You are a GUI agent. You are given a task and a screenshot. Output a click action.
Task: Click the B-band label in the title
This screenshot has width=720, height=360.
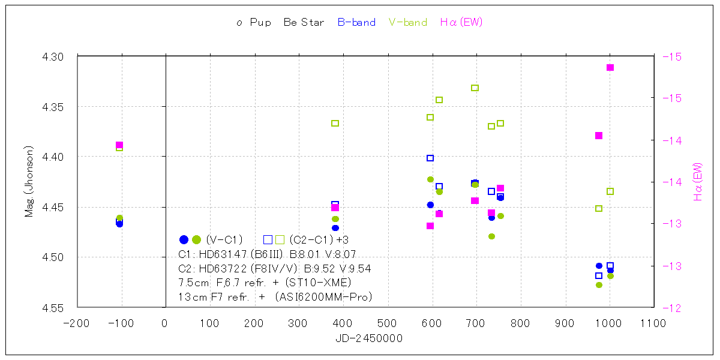point(356,23)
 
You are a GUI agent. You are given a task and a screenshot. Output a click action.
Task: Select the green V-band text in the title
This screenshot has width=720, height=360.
point(408,23)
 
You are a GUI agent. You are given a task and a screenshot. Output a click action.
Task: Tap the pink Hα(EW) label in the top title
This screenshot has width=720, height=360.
point(461,23)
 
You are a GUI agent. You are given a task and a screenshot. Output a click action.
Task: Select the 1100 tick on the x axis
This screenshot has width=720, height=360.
point(653,323)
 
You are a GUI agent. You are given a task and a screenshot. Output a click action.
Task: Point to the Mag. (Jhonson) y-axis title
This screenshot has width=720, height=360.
point(29,181)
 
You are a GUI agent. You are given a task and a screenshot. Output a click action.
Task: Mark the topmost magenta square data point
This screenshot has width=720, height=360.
point(610,67)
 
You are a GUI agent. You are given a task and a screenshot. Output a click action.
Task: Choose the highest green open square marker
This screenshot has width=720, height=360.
point(475,88)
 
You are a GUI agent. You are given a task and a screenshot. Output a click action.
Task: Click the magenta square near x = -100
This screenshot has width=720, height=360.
point(119,145)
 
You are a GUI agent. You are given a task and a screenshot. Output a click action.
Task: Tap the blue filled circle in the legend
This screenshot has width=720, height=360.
point(184,239)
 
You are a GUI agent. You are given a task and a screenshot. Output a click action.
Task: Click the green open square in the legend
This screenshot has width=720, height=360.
point(280,239)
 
